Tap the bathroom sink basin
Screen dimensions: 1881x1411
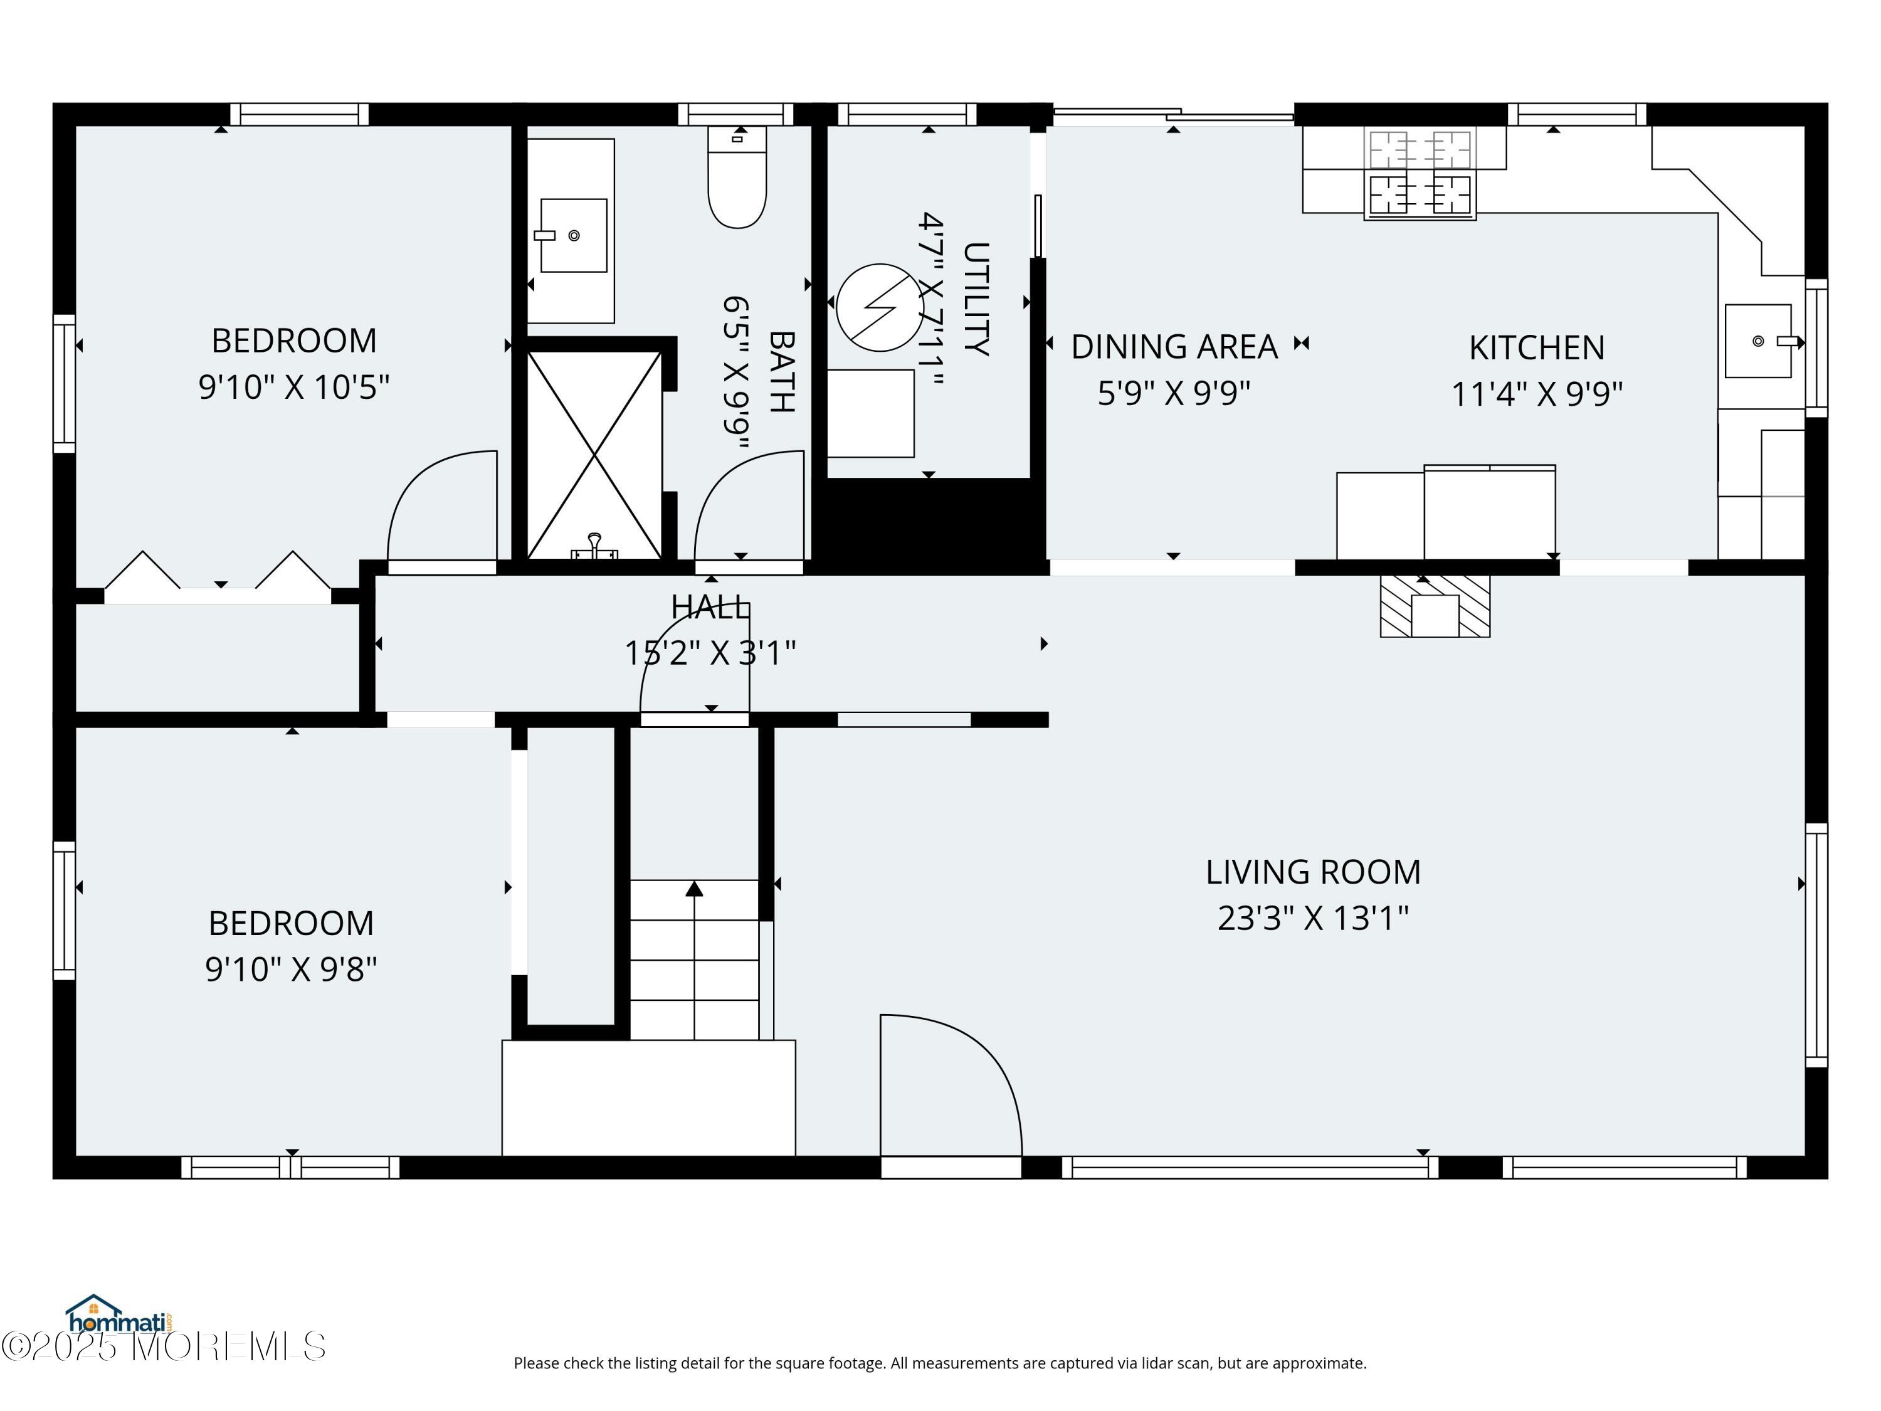point(573,236)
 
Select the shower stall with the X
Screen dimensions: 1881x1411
point(594,455)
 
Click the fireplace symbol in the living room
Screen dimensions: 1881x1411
point(1435,606)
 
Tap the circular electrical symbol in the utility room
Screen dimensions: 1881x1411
point(879,307)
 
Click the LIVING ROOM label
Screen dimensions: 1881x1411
point(1313,872)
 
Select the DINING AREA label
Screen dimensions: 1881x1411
point(1174,347)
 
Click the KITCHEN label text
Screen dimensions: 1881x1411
point(1537,348)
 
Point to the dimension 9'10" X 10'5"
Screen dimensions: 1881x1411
point(294,387)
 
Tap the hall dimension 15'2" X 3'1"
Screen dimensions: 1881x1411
point(710,653)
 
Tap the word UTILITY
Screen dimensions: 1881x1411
point(976,299)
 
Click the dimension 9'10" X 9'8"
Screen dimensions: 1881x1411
point(291,969)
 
